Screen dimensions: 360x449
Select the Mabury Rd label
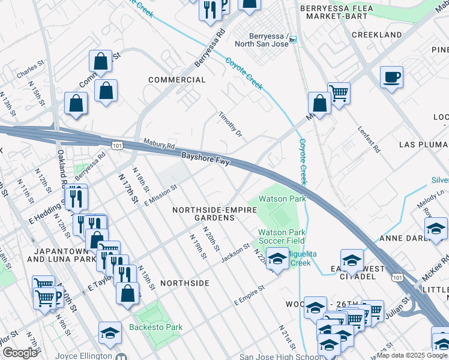click(159, 145)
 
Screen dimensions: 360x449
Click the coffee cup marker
click(391, 77)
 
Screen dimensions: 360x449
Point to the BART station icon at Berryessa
click(292, 40)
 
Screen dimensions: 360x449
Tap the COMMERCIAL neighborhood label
click(176, 80)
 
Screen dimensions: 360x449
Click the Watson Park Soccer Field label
click(282, 237)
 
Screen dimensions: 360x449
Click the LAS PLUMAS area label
click(423, 145)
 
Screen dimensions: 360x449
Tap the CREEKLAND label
click(376, 35)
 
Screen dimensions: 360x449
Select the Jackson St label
click(235, 252)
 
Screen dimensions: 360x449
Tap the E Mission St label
click(161, 196)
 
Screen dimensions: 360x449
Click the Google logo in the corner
click(20, 353)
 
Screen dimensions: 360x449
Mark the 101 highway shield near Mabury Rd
click(117, 145)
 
